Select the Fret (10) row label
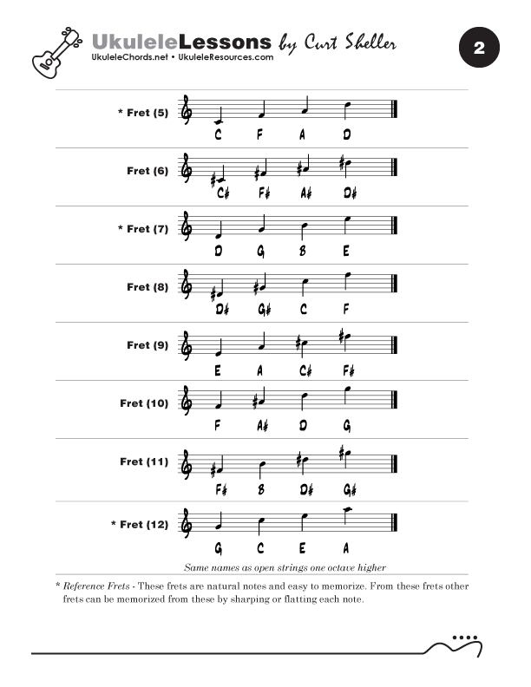point(144,403)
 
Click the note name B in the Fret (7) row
point(303,251)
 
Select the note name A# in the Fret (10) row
point(263,425)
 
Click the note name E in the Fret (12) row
point(303,547)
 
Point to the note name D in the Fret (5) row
point(346,134)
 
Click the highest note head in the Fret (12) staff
point(346,510)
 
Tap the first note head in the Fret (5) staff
point(219,119)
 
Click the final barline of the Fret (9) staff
point(395,345)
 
